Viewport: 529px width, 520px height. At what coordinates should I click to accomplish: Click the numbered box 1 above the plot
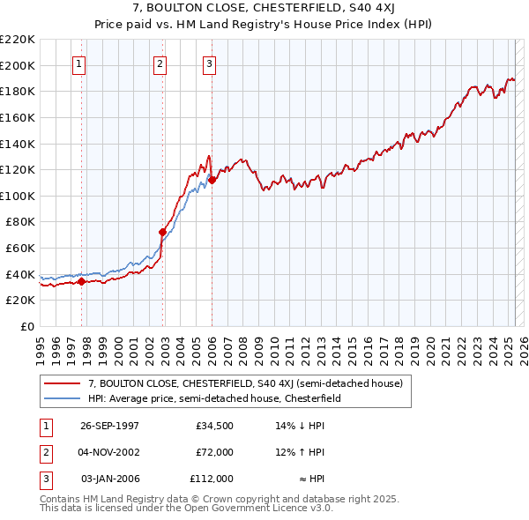[x=79, y=63]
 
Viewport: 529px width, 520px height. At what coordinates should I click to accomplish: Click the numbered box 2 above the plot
[x=160, y=63]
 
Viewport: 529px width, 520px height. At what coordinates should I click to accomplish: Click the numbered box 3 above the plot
[x=209, y=63]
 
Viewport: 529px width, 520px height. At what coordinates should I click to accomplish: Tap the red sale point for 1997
[x=82, y=281]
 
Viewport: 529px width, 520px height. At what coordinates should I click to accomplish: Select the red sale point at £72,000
[x=163, y=233]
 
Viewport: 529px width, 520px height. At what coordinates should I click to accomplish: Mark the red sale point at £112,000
[x=212, y=180]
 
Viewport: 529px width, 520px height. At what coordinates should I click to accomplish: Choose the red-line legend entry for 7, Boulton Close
[x=245, y=383]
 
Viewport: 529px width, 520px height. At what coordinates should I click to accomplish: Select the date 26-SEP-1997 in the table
[x=110, y=426]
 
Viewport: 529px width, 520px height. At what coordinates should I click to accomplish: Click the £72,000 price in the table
[x=214, y=452]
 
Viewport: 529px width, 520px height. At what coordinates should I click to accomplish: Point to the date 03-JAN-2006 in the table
[x=110, y=479]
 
